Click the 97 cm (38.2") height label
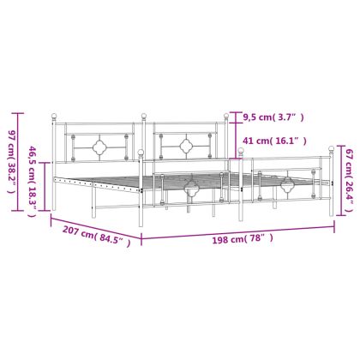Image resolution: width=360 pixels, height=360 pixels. (x=11, y=162)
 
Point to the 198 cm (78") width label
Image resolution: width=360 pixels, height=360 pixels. (x=243, y=239)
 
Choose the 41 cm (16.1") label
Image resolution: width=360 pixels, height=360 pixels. (x=274, y=141)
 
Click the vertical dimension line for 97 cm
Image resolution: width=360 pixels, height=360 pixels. (x=19, y=162)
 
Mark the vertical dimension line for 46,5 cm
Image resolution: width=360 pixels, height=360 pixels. (x=45, y=187)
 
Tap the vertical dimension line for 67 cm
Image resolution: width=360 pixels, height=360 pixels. (x=339, y=180)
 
